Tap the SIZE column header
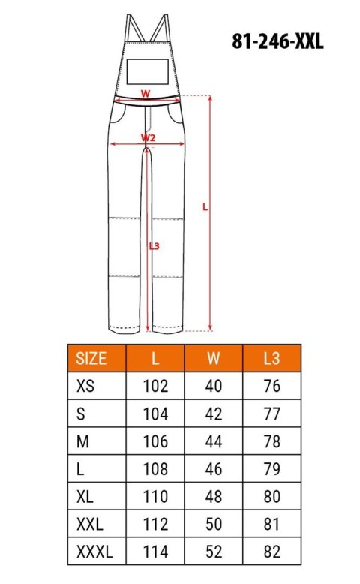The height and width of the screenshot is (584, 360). coord(92,358)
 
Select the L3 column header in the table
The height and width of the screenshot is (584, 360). coord(271,358)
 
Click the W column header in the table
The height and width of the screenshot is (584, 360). coord(213,358)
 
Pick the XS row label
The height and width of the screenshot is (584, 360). coord(87,387)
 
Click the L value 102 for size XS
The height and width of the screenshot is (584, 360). coord(155,387)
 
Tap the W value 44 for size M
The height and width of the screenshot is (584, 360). coord(213,442)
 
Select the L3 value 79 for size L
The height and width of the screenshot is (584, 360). coord(271,470)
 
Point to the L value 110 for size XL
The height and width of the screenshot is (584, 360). coord(155,498)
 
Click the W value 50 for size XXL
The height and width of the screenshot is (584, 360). coord(213,525)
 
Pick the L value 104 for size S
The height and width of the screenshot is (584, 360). coord(155,414)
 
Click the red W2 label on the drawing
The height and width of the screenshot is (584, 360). coord(148,137)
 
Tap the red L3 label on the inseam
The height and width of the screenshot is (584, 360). coord(154,246)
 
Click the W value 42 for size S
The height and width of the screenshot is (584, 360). coord(213,414)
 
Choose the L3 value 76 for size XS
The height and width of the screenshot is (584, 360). coord(271,387)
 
